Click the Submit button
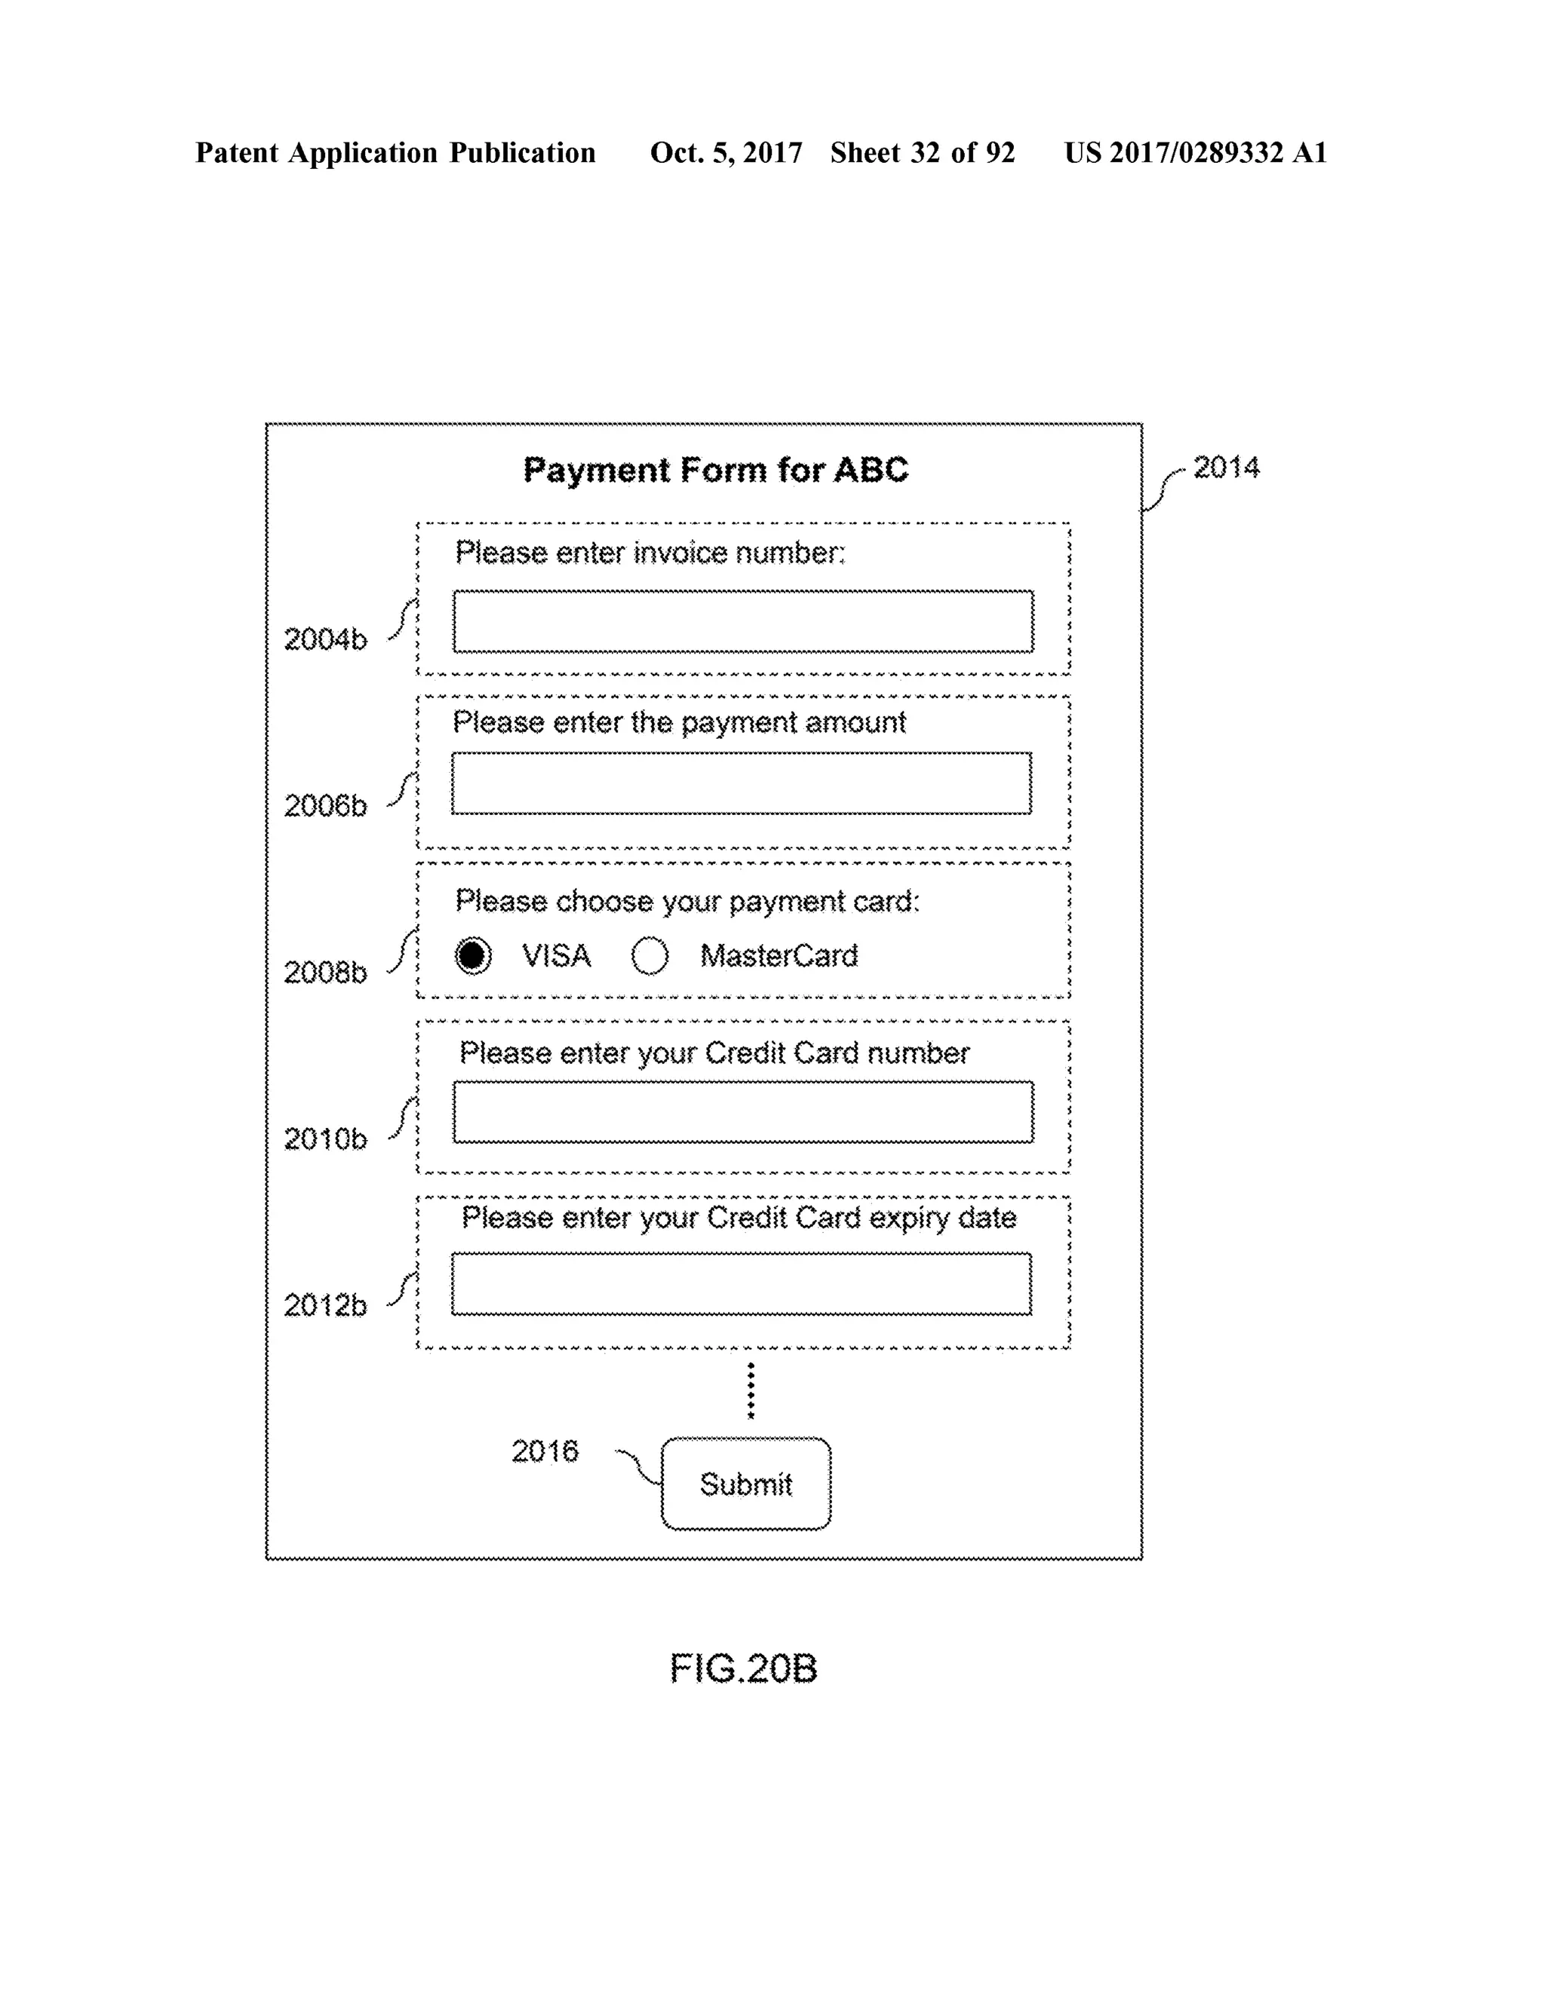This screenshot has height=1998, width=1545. pyautogui.click(x=746, y=1483)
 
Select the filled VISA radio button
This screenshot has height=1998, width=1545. pyautogui.click(x=473, y=956)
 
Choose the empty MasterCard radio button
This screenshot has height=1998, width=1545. pyautogui.click(x=650, y=956)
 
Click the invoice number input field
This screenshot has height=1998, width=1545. pyautogui.click(x=743, y=621)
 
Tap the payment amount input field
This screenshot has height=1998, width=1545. pyautogui.click(x=742, y=783)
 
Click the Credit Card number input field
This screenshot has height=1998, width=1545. pyautogui.click(x=743, y=1111)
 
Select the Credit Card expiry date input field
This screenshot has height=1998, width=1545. pyautogui.click(x=742, y=1283)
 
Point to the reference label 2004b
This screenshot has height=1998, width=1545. pyautogui.click(x=325, y=639)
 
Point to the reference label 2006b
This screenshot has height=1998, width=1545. pyautogui.click(x=325, y=806)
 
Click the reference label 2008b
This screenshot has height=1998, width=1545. pyautogui.click(x=325, y=973)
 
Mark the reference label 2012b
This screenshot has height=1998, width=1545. pyautogui.click(x=325, y=1305)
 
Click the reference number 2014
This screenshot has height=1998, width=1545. pyautogui.click(x=1226, y=467)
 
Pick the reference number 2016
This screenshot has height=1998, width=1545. pyautogui.click(x=545, y=1451)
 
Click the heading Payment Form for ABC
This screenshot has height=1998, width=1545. pyautogui.click(x=716, y=470)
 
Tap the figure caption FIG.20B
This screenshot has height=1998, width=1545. pyautogui.click(x=743, y=1669)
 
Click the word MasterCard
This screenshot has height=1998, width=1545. pyautogui.click(x=779, y=956)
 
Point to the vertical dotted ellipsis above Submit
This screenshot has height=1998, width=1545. pyautogui.click(x=751, y=1390)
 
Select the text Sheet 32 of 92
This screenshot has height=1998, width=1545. pyautogui.click(x=923, y=153)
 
